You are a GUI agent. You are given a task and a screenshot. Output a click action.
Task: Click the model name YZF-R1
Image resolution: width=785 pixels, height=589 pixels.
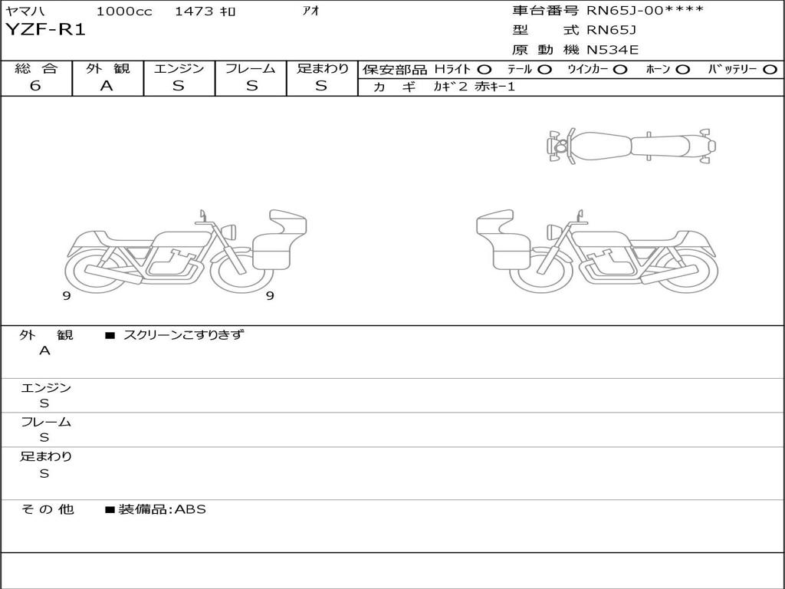[x=45, y=30]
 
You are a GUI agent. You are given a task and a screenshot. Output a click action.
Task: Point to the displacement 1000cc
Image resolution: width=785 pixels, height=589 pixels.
[x=124, y=11]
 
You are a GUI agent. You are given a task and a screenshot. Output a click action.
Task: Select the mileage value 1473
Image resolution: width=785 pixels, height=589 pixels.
[x=194, y=11]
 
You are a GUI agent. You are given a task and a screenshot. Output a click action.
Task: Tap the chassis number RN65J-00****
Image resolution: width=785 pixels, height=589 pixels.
[x=645, y=10]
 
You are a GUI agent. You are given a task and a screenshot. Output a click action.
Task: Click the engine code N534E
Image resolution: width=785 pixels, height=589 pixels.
[x=613, y=50]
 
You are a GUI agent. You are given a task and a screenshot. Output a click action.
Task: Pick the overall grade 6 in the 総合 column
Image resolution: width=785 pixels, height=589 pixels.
[x=35, y=86]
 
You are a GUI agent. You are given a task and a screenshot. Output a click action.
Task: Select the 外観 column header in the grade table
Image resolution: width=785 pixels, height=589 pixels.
[x=107, y=68]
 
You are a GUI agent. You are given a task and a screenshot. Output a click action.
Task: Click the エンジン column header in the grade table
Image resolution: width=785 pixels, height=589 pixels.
[x=179, y=68]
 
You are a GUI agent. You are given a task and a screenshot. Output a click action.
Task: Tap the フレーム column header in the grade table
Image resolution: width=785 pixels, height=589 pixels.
[x=251, y=68]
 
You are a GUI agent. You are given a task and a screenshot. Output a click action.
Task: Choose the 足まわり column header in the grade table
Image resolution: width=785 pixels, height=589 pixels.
[x=322, y=68]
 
